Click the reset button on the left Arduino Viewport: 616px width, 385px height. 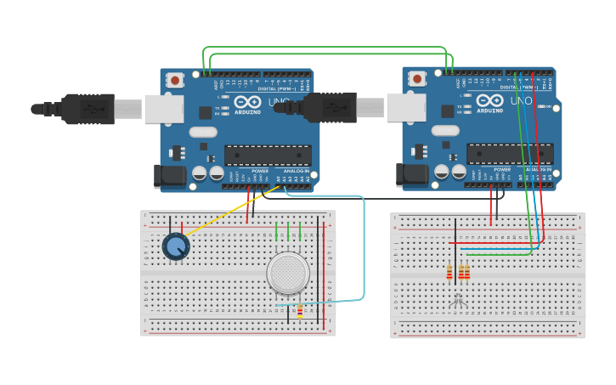tap(175, 81)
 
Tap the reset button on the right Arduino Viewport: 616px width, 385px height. tap(417, 79)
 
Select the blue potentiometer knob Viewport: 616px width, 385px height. tap(176, 246)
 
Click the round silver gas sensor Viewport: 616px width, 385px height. tap(288, 273)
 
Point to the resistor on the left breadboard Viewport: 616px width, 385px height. tap(300, 311)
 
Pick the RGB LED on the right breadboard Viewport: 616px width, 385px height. tap(458, 300)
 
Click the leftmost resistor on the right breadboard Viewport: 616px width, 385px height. tap(449, 272)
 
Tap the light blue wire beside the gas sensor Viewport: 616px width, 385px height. tap(363, 255)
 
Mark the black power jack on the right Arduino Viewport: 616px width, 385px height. tap(412, 174)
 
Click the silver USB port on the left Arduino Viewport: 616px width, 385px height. tap(164, 109)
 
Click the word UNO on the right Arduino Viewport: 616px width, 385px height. tap(522, 101)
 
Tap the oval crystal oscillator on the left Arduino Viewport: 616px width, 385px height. tap(203, 132)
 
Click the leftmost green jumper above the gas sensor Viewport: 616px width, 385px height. tap(277, 231)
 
